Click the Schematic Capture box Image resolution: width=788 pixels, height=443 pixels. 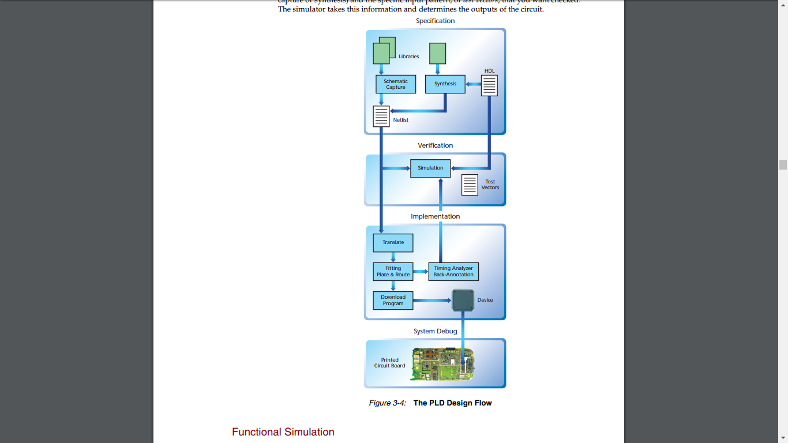(x=396, y=84)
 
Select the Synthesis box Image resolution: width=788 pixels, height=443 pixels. (x=445, y=84)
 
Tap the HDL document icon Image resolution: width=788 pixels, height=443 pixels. (x=489, y=85)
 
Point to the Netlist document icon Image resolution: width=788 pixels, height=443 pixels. (x=381, y=116)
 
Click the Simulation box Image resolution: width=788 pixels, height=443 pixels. (x=430, y=168)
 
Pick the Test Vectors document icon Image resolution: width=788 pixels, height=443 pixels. (x=470, y=185)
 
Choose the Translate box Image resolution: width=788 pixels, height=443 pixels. (x=393, y=243)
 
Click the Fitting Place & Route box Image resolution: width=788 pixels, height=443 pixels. (x=393, y=272)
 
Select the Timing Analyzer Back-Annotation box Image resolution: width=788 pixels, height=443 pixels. (x=453, y=272)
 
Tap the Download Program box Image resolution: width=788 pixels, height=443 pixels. (x=393, y=301)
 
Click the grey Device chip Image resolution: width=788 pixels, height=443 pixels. (x=463, y=301)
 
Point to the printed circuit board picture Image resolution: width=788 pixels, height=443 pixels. (x=442, y=364)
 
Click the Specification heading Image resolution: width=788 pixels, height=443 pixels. (x=436, y=21)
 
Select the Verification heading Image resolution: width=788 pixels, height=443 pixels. (x=436, y=145)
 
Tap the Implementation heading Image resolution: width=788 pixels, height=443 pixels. (x=436, y=216)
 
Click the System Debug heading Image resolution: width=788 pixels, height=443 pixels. (x=436, y=331)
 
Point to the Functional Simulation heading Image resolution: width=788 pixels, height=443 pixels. (x=283, y=432)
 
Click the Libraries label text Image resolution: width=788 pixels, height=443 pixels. (x=408, y=57)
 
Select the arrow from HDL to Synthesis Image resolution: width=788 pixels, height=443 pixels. (x=473, y=84)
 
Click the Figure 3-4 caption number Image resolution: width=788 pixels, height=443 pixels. (x=388, y=403)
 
